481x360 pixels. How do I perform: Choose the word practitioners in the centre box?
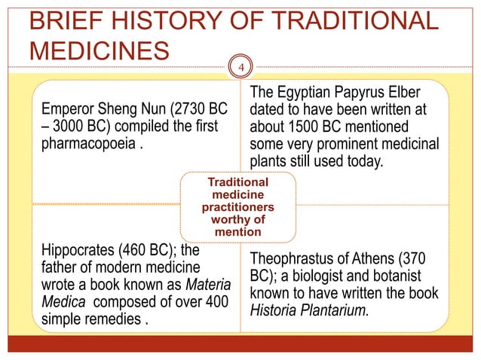coord(238,206)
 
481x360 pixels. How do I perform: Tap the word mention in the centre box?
coord(238,231)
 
